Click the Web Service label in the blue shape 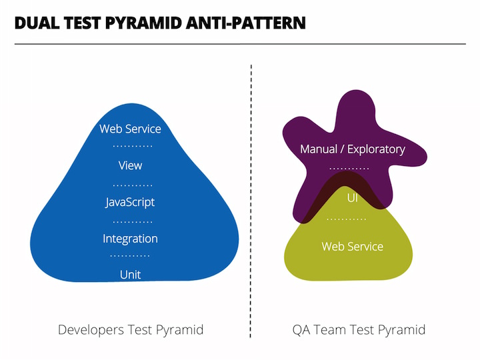[130, 129]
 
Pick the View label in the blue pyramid [130, 165]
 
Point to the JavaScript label [130, 202]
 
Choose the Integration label [130, 239]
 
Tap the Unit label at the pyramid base [130, 275]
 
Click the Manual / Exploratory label [352, 149]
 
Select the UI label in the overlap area [352, 198]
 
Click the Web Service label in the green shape [352, 247]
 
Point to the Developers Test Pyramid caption [131, 330]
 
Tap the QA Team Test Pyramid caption [359, 330]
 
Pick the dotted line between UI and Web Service [347, 219]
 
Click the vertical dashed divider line [251, 200]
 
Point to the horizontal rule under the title [240, 44]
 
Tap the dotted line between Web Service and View [133, 146]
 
